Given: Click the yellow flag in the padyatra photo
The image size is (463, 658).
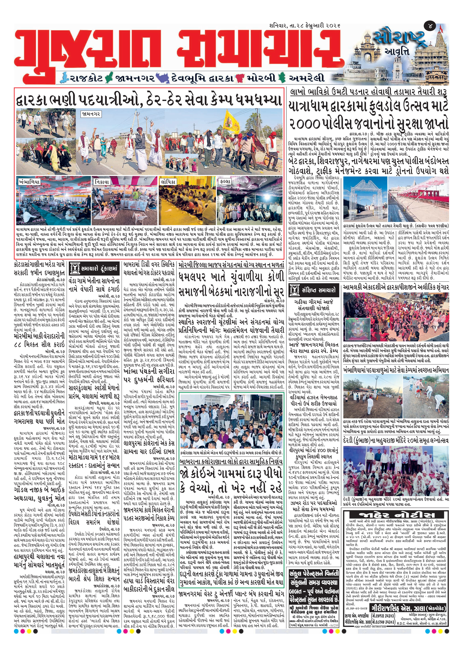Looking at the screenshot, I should coord(232,122).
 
